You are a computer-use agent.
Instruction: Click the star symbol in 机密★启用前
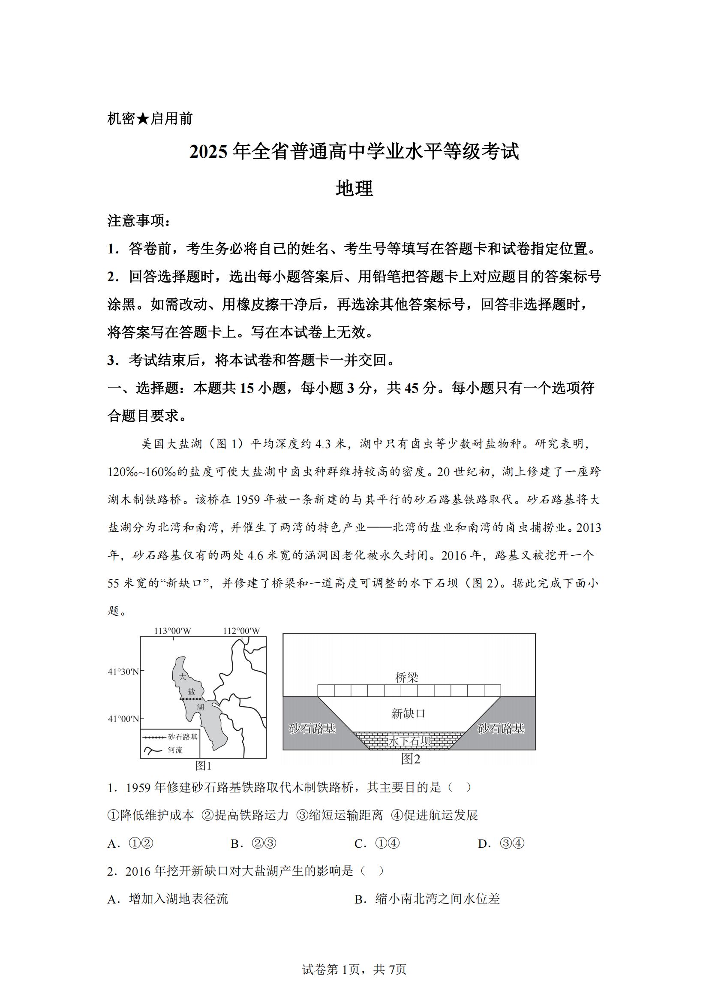(143, 119)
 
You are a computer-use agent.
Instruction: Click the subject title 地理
(354, 189)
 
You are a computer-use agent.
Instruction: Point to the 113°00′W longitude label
(172, 631)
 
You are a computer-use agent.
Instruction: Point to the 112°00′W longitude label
(241, 631)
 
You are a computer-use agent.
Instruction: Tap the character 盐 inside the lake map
(191, 692)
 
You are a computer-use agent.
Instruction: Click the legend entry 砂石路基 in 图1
(183, 737)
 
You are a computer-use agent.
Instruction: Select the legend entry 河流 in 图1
(175, 750)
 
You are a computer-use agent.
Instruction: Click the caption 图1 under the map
(204, 766)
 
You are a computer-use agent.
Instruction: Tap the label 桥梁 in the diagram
(406, 678)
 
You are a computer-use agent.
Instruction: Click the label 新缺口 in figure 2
(408, 714)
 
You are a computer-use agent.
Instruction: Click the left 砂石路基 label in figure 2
(312, 728)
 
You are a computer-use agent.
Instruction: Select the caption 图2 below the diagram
(410, 759)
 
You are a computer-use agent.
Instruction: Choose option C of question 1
(377, 843)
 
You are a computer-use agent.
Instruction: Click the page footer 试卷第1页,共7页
(354, 970)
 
